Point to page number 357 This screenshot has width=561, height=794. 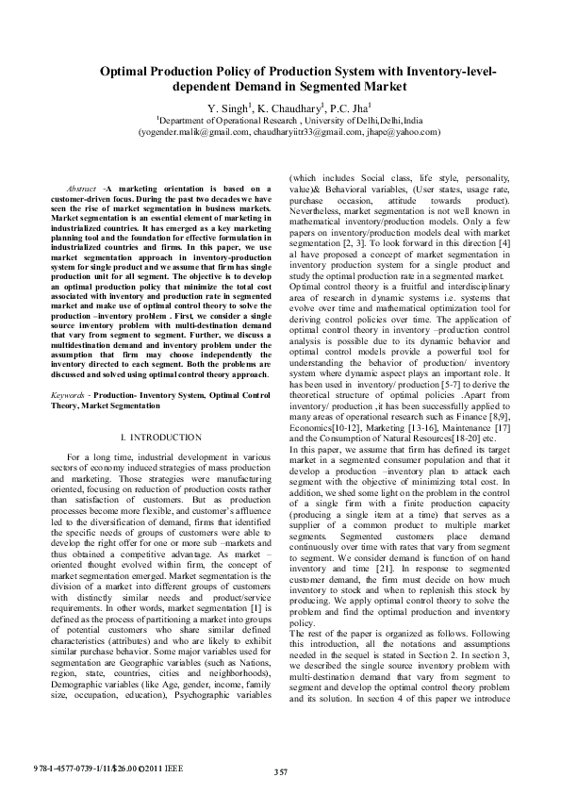coord(280,771)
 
